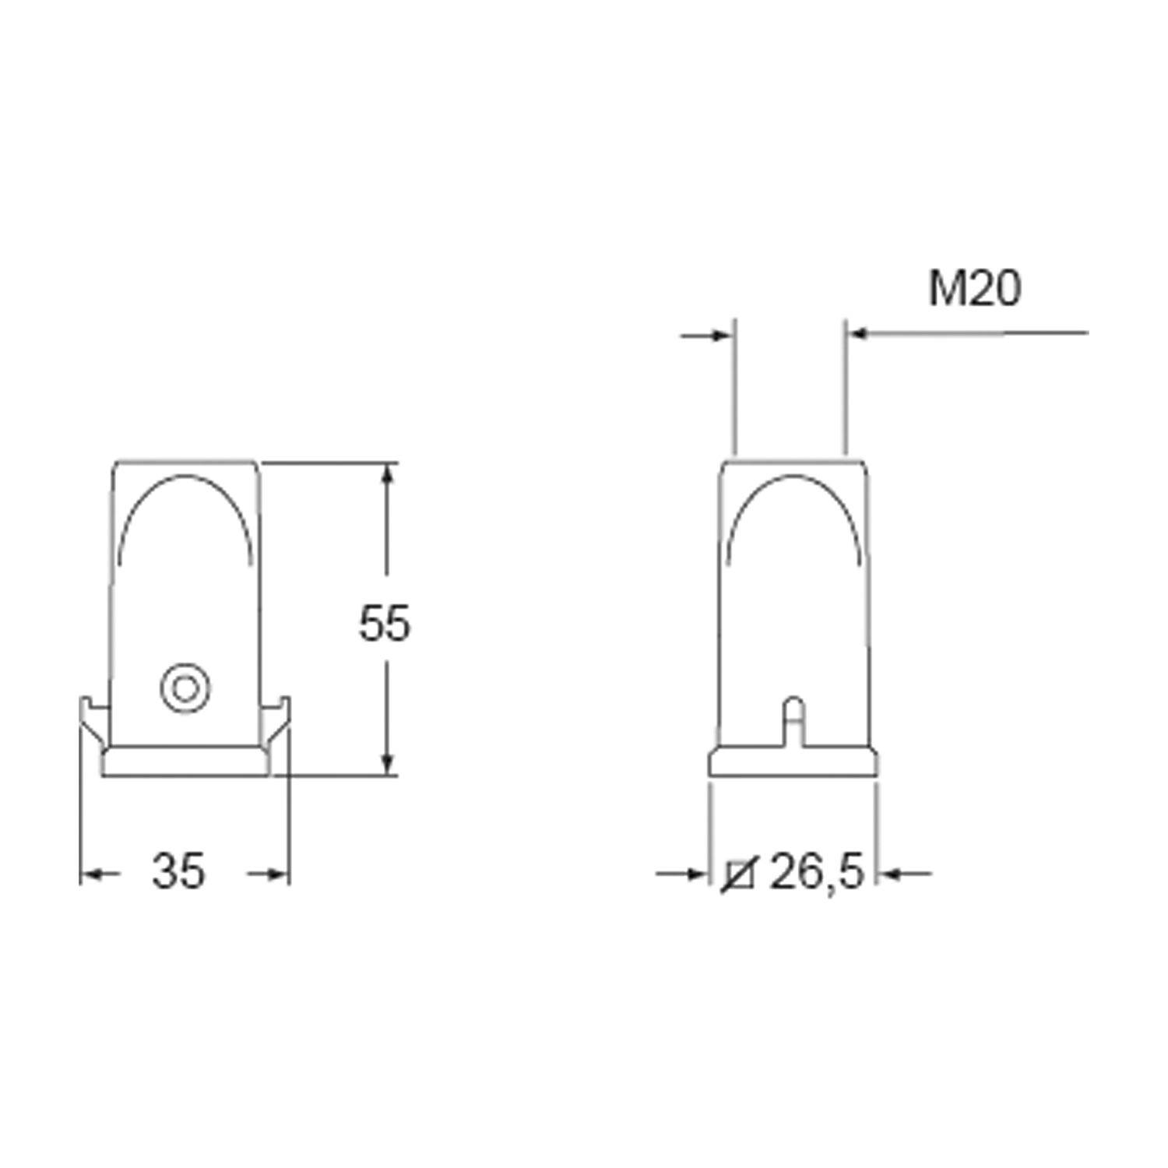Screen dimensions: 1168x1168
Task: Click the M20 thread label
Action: click(974, 289)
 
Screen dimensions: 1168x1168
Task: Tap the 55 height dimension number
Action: click(384, 624)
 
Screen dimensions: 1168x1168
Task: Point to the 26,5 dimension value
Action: click(818, 873)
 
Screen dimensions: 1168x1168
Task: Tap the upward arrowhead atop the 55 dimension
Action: click(389, 477)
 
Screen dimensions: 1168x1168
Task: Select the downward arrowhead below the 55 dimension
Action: click(389, 762)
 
